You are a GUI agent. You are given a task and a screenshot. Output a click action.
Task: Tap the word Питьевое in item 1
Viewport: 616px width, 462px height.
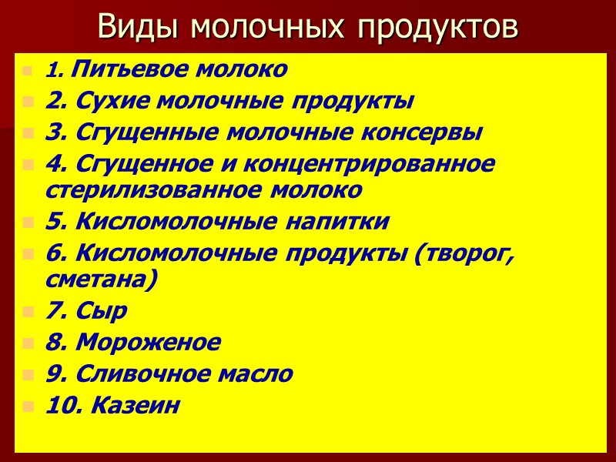(115, 70)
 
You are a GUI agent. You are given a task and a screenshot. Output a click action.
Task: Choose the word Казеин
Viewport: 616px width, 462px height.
(136, 406)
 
